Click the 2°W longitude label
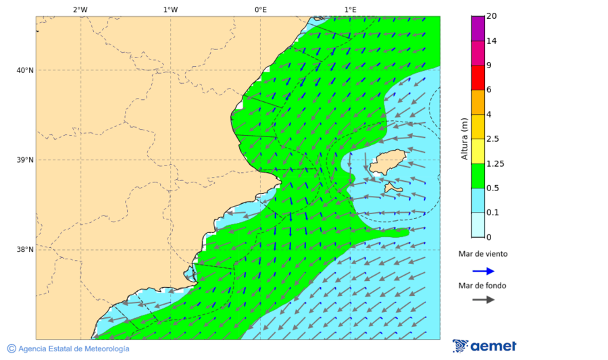pos(80,9)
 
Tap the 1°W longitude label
pos(170,9)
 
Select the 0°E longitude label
pos(260,9)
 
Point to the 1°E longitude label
pos(350,9)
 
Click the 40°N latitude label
pos(25,70)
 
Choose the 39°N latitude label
pos(25,160)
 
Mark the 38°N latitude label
pos(25,250)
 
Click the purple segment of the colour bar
pos(478,28)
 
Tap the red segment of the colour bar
pos(478,77)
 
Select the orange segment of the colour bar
pos(478,102)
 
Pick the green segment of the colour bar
pos(478,176)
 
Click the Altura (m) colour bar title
pos(464,138)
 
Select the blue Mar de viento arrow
pos(483,271)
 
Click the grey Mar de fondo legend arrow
pos(483,299)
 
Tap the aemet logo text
pos(493,346)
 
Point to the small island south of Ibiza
pos(392,188)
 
